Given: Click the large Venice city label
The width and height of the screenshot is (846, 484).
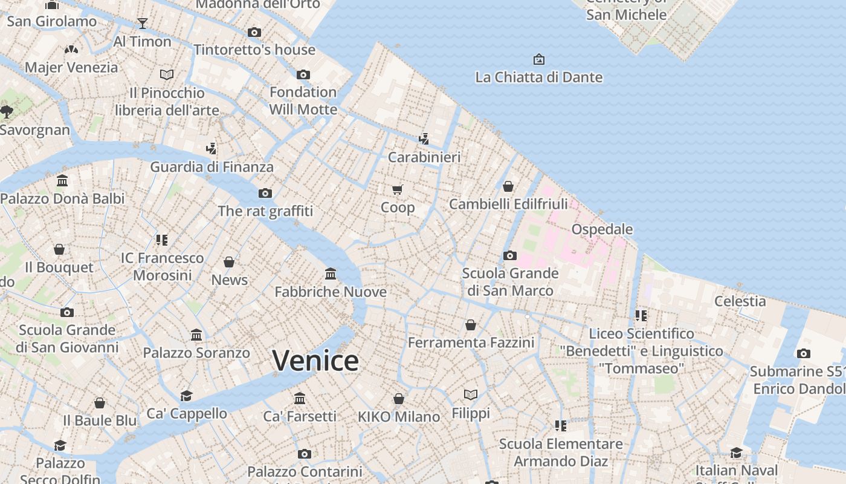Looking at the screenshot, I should (315, 361).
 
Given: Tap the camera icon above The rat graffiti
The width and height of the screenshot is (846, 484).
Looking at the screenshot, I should (265, 194).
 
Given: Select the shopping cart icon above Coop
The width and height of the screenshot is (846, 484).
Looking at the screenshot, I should (398, 190).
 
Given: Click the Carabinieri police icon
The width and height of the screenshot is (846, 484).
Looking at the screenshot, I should (424, 139).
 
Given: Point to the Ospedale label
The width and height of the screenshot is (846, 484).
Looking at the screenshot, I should (602, 229).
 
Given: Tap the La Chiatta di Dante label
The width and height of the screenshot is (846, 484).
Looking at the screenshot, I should (538, 77).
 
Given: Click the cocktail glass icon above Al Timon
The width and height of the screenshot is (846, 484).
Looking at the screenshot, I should (143, 24).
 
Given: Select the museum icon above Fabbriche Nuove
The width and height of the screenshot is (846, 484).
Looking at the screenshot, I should (331, 274).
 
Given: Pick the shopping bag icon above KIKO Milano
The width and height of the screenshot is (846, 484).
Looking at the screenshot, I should (399, 399).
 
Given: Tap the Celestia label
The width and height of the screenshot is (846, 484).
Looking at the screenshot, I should (740, 301).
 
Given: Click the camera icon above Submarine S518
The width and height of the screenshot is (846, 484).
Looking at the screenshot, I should (803, 354).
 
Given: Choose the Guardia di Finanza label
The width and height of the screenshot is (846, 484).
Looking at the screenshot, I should (211, 167).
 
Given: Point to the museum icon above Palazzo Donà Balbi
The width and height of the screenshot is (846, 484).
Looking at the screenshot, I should (62, 180).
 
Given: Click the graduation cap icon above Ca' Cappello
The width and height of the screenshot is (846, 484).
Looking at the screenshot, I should (187, 396).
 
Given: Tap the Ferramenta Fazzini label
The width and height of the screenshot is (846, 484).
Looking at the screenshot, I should (471, 342).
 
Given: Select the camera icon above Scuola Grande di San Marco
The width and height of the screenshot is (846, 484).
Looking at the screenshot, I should (510, 255).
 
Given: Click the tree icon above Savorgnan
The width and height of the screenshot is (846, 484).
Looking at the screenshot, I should (7, 111).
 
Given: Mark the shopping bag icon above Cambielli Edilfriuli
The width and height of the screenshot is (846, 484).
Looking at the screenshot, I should (508, 186).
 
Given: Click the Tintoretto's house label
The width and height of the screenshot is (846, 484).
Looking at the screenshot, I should (254, 50).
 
